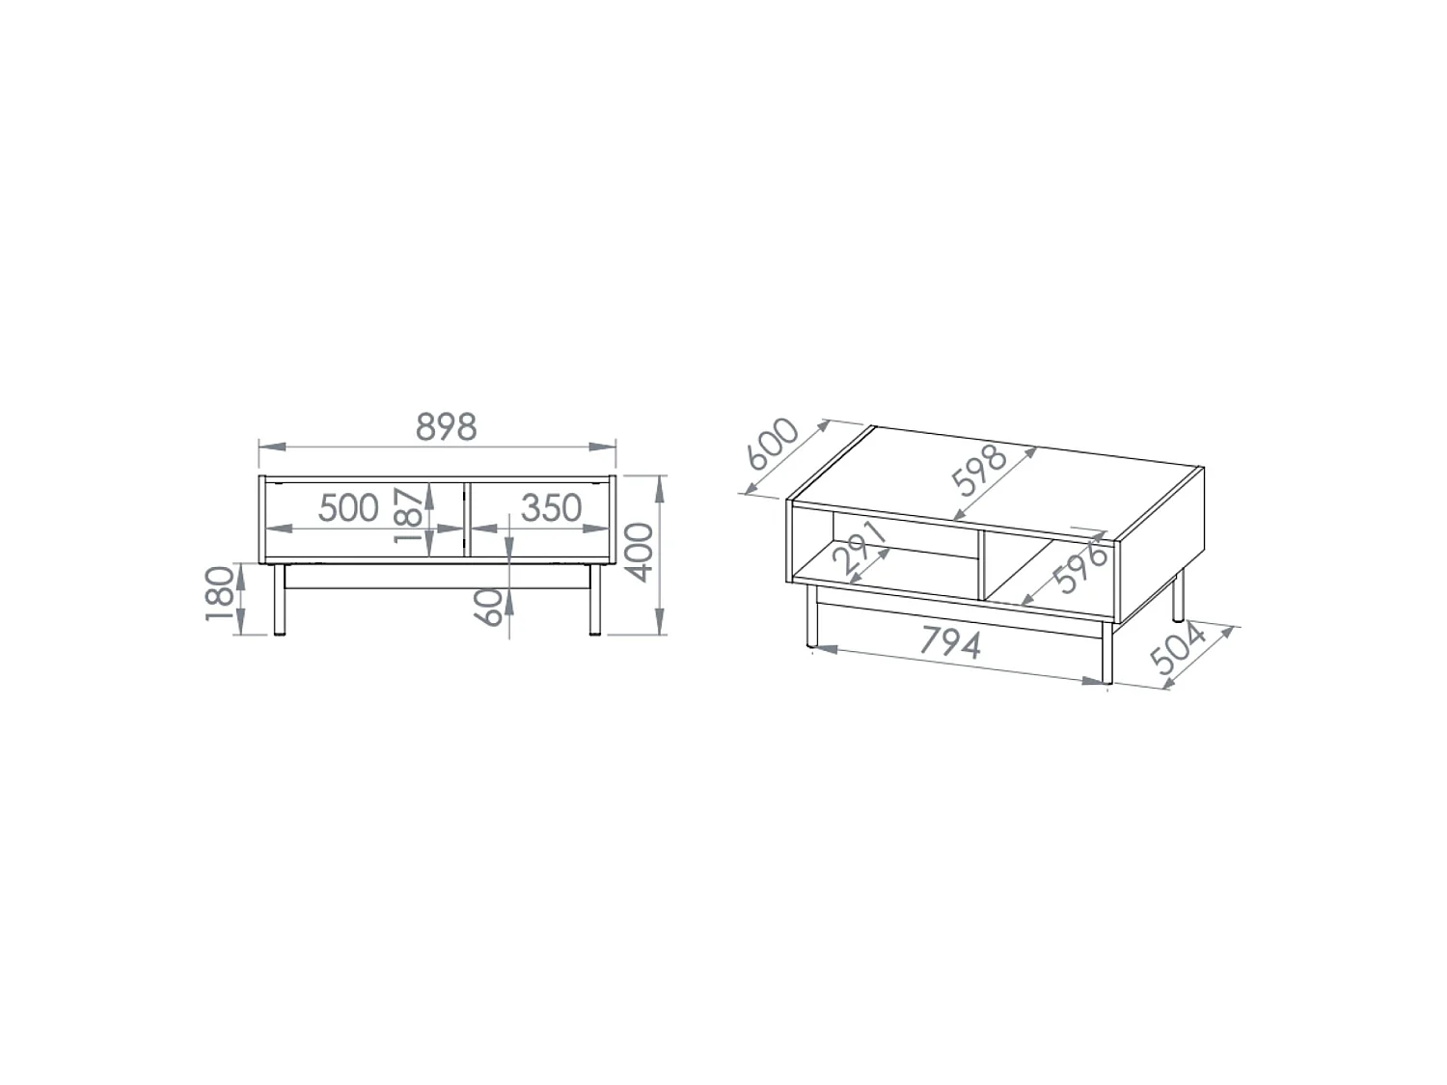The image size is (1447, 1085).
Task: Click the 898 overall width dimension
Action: tap(446, 427)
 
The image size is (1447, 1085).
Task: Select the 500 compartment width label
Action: tap(348, 508)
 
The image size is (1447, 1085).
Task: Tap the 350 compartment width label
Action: tap(551, 508)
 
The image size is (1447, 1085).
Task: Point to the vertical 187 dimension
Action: tap(408, 515)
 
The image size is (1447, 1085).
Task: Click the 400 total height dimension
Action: tap(639, 552)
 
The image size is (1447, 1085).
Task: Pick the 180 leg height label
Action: tap(220, 593)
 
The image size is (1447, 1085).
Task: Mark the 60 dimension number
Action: tap(488, 607)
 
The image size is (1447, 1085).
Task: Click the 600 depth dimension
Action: tap(774, 444)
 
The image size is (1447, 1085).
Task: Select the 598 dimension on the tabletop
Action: tap(979, 470)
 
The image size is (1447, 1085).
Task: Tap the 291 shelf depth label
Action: tap(860, 547)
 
